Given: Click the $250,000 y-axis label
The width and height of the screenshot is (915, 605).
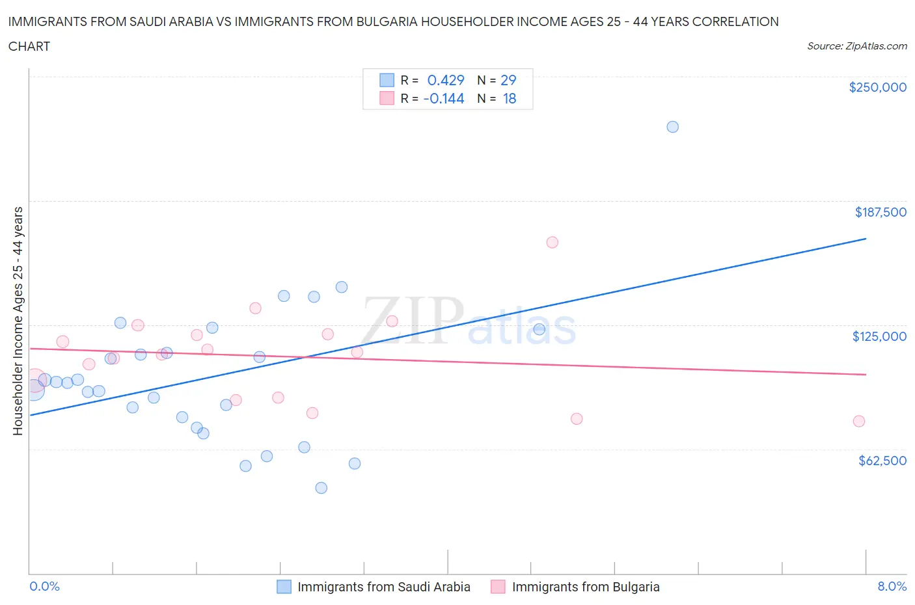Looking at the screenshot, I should pyautogui.click(x=877, y=88).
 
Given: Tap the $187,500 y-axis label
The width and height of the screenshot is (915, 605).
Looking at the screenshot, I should pyautogui.click(x=881, y=212).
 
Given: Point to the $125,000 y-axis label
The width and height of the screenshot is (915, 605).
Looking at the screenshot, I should pyautogui.click(x=879, y=336).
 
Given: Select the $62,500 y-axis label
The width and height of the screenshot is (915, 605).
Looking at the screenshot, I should pyautogui.click(x=882, y=461).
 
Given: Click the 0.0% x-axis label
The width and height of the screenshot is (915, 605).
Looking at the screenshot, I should pyautogui.click(x=45, y=586).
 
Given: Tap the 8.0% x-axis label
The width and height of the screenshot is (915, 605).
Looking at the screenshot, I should pyautogui.click(x=892, y=586).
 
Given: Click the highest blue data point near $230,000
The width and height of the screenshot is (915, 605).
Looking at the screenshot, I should pyautogui.click(x=672, y=127).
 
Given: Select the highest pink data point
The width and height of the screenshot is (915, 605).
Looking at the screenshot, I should pyautogui.click(x=552, y=242).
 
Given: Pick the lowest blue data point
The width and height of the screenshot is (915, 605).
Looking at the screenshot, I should pyautogui.click(x=321, y=488).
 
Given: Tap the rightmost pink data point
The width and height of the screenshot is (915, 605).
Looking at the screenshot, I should pyautogui.click(x=858, y=421).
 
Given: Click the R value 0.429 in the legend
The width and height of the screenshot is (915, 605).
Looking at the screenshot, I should pyautogui.click(x=445, y=80).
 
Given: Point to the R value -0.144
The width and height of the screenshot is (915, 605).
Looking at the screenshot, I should pyautogui.click(x=443, y=98).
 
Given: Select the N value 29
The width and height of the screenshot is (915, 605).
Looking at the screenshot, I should pyautogui.click(x=508, y=80).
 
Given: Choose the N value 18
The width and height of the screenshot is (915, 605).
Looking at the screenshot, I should pyautogui.click(x=509, y=98).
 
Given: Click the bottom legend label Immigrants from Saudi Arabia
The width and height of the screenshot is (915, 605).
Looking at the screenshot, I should pyautogui.click(x=383, y=587).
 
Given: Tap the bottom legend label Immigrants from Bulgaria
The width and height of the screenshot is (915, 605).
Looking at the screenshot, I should pyautogui.click(x=586, y=587).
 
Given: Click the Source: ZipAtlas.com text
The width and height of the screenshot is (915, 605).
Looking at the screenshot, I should pyautogui.click(x=856, y=46).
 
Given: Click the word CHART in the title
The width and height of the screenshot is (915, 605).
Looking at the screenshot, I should pyautogui.click(x=29, y=46).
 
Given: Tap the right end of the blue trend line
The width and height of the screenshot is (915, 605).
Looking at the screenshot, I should pyautogui.click(x=866, y=239).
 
